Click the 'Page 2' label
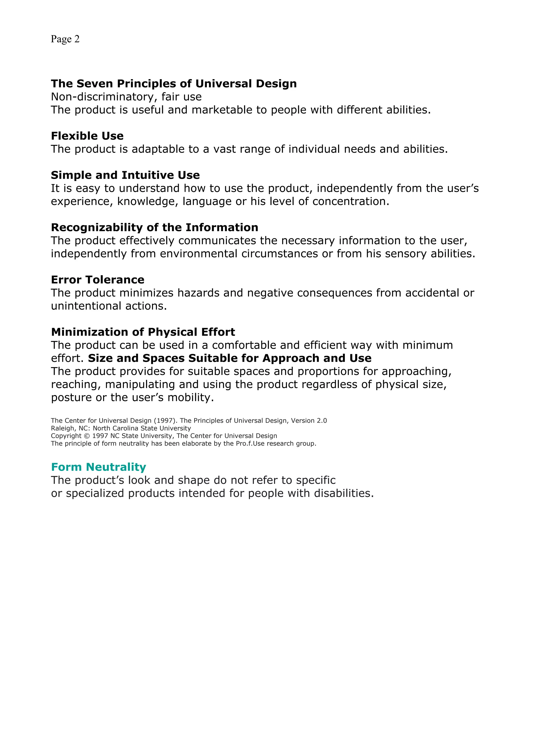coord(65,39)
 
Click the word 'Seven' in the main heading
coord(94,84)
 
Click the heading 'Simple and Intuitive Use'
coord(125,175)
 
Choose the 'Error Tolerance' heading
coord(98,279)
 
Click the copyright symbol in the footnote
coord(87,436)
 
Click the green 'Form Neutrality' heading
coord(99,467)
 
